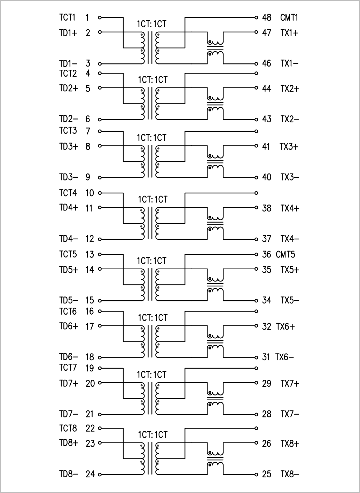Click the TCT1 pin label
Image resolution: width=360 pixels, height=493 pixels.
pos(67,18)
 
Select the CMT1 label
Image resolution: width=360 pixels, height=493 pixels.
pos(289,18)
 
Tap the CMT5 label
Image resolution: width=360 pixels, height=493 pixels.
pos(285,254)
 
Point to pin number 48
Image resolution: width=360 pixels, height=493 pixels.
pos(267,18)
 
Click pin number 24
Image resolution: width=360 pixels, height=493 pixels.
pos(90,474)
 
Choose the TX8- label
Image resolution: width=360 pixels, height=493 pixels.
pos(290,474)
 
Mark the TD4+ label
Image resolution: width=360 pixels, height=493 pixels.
pos(69,207)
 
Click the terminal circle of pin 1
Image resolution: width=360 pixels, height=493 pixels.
pos(100,17)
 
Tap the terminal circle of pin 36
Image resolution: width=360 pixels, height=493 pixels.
pos(256,254)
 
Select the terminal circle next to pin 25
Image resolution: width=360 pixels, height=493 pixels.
pos(256,475)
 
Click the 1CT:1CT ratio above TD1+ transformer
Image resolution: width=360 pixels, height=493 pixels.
pos(152,24)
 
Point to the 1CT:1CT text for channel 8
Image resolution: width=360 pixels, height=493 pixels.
pos(152,434)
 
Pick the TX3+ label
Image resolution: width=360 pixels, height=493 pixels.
pos(289,146)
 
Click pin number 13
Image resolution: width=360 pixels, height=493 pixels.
pos(90,254)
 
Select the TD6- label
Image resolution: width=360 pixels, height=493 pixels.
pos(69,357)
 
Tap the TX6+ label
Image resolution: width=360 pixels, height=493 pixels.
pos(285,326)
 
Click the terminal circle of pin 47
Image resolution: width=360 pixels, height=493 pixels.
pos(256,32)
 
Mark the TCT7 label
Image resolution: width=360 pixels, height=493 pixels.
pos(68,368)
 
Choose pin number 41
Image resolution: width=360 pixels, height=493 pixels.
pos(266,146)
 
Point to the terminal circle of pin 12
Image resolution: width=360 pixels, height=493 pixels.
pos(100,239)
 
